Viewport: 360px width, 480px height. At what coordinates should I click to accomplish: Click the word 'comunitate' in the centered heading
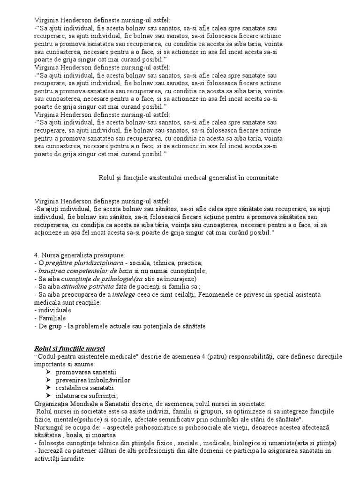click(x=262, y=178)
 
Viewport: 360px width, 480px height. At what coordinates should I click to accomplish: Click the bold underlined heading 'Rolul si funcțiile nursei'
click(x=70, y=348)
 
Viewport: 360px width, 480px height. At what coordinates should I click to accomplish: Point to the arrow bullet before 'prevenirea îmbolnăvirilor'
click(x=49, y=380)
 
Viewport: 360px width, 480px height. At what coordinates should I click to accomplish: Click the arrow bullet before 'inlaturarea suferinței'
click(x=49, y=396)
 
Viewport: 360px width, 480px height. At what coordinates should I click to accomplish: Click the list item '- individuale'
click(x=53, y=310)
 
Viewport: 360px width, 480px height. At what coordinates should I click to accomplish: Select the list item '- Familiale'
click(x=50, y=318)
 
